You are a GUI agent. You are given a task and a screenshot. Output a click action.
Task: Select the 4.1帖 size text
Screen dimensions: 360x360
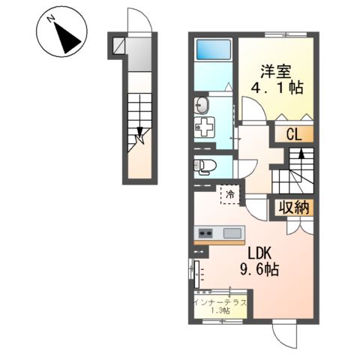click(x=277, y=88)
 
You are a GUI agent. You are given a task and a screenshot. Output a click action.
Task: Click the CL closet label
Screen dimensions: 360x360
click(x=294, y=134)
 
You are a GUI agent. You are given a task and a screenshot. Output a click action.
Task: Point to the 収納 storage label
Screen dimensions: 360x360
click(x=295, y=208)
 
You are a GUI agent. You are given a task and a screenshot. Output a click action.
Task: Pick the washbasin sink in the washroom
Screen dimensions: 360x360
click(x=202, y=103)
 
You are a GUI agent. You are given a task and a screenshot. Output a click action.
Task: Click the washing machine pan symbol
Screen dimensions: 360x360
click(x=205, y=128)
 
